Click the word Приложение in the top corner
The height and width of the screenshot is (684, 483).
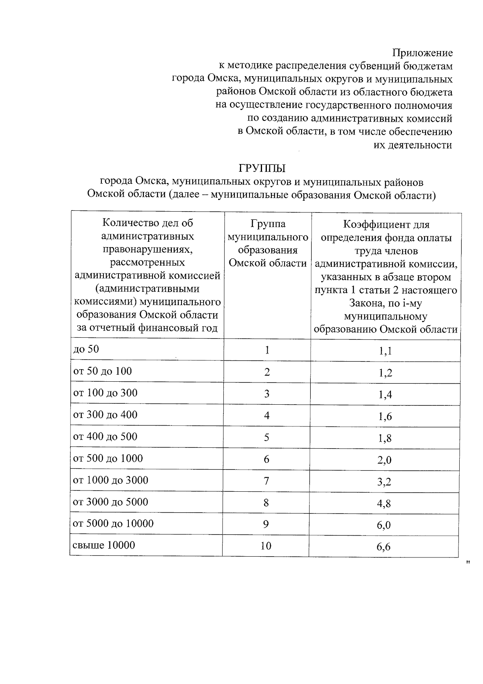(422, 53)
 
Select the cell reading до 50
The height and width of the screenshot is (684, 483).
(86, 349)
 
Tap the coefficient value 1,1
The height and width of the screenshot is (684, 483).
(385, 351)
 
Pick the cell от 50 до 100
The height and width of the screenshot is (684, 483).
(102, 371)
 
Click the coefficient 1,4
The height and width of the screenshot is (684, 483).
(385, 395)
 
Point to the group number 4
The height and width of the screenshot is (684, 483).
(266, 415)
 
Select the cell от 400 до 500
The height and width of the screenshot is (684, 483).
(105, 437)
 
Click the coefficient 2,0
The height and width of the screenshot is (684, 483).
(384, 460)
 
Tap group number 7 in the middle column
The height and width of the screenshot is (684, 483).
(266, 480)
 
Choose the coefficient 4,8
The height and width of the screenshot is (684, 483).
(384, 503)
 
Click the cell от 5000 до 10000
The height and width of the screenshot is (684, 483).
(113, 524)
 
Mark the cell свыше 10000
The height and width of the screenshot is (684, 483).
(104, 545)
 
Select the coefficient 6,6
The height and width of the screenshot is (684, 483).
(384, 547)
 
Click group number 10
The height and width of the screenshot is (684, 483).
(266, 546)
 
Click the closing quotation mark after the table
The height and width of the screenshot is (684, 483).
(468, 561)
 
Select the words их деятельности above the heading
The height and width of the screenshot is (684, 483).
(413, 145)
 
